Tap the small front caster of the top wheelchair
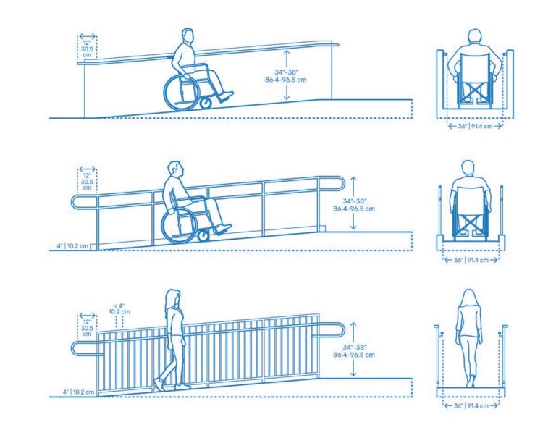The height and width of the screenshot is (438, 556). [206, 104]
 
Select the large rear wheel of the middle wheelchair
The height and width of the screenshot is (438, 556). [177, 225]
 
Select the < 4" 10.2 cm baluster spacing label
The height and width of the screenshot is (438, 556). [121, 309]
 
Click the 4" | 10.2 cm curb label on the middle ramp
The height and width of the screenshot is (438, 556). [75, 246]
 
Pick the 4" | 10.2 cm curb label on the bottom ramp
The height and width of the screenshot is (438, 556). [75, 392]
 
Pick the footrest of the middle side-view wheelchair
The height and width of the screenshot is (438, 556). [223, 229]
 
